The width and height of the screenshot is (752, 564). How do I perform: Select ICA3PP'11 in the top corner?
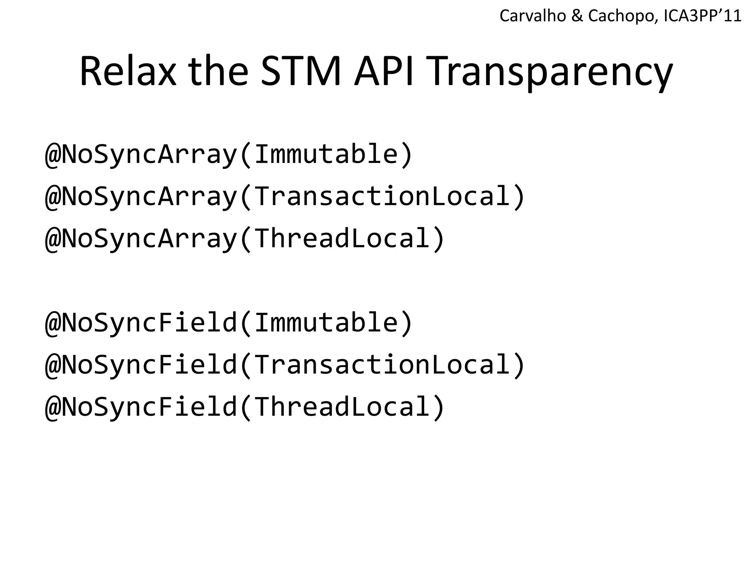[703, 16]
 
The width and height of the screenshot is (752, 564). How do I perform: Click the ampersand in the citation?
[577, 16]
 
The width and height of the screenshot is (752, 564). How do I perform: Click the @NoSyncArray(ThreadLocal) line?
[245, 239]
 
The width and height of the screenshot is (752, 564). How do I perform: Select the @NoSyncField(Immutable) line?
[229, 323]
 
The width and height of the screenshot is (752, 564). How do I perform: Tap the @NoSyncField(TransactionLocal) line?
[285, 365]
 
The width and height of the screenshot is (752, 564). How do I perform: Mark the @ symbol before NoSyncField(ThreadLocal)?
[53, 408]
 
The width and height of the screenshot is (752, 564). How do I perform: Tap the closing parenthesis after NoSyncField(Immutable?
[406, 323]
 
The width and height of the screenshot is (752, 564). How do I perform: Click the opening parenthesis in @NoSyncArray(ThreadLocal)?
[246, 239]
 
